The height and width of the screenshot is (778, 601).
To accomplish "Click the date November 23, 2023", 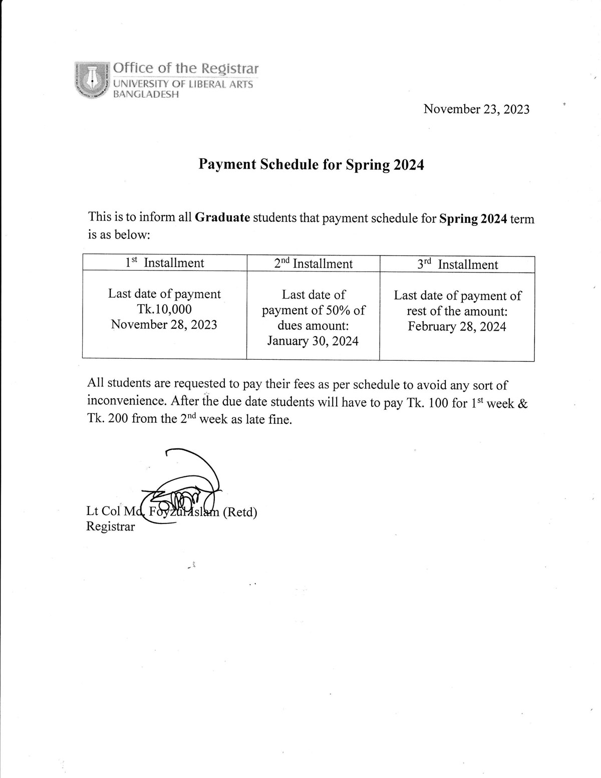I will point(476,109).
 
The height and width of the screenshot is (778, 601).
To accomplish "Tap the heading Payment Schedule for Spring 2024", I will point(312,164).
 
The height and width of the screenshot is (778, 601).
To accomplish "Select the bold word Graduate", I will point(222,218).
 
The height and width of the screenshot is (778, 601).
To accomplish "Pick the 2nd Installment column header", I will point(314,264).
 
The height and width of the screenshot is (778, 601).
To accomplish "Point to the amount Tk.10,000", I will point(164,309).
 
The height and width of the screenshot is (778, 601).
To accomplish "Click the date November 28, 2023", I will point(164,325).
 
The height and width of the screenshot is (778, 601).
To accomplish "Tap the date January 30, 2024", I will point(313,341).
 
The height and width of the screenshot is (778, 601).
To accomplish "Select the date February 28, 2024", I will point(457,327).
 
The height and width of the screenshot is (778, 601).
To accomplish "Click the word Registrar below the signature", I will point(111,527).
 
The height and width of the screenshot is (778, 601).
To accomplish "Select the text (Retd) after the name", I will point(239,512).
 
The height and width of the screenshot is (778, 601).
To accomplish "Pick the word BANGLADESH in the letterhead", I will point(146,94).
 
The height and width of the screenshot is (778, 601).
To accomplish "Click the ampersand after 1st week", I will point(522,403).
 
